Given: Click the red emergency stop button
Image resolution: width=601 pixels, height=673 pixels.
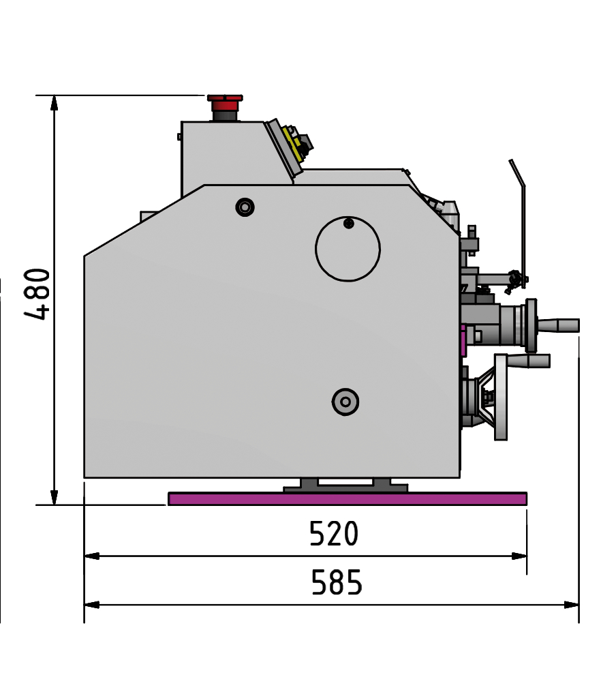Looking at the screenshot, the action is pyautogui.click(x=225, y=103).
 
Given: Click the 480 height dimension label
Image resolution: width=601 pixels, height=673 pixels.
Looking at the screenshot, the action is pyautogui.click(x=37, y=294).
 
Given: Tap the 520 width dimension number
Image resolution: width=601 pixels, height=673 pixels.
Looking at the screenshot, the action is pyautogui.click(x=333, y=533).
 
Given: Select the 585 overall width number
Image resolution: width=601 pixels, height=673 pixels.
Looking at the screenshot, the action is pyautogui.click(x=337, y=582).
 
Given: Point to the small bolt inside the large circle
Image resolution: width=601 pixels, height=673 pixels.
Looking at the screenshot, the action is pyautogui.click(x=349, y=223).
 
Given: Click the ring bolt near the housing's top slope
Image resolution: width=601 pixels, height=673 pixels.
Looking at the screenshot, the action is pyautogui.click(x=245, y=207).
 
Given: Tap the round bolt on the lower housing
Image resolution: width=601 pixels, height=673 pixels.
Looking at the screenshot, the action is pyautogui.click(x=345, y=402).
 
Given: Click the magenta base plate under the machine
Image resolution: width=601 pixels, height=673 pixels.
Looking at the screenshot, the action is pyautogui.click(x=348, y=498).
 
